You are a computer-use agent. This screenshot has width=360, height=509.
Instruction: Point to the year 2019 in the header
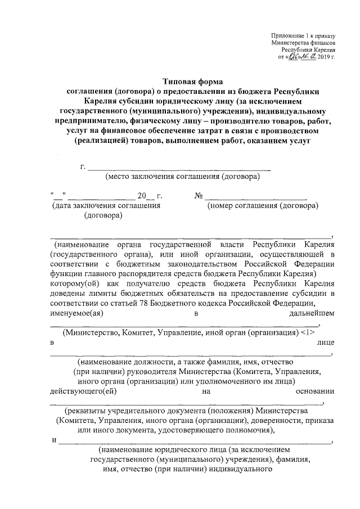(x=324, y=57)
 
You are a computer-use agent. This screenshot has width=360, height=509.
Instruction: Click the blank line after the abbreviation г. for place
(x=180, y=167)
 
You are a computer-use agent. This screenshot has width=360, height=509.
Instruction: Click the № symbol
(x=199, y=196)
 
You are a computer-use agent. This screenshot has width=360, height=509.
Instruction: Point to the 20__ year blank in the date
(x=145, y=196)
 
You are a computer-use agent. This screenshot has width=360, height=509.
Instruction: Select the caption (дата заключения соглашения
(x=102, y=206)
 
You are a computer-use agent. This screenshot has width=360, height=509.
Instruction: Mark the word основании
(x=314, y=391)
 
